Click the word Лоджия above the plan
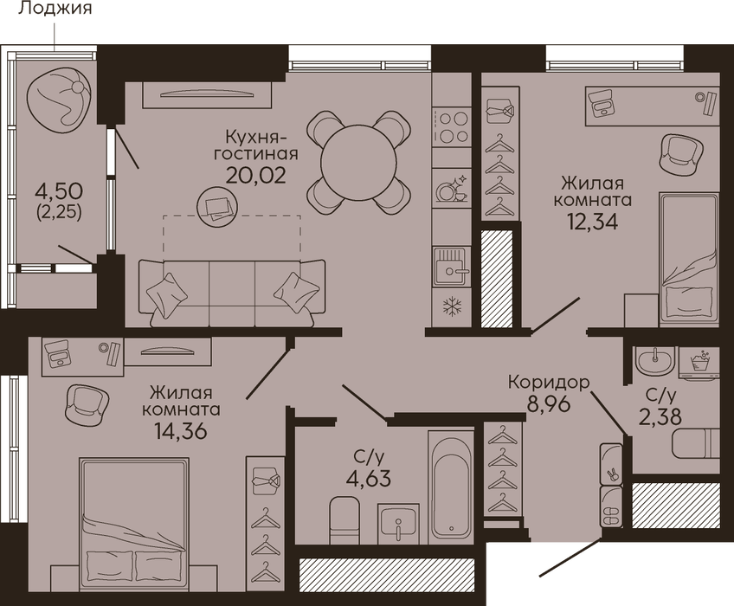click(x=55, y=9)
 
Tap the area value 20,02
click(x=255, y=175)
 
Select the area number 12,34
click(x=593, y=221)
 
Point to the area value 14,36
click(x=181, y=430)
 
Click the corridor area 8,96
click(x=549, y=403)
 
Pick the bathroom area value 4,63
click(x=369, y=479)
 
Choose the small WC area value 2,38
click(x=660, y=416)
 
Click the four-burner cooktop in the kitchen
click(x=451, y=126)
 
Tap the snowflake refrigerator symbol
click(x=452, y=307)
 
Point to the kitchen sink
click(x=451, y=267)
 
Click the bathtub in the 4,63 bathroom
click(x=451, y=488)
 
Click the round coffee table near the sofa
click(x=216, y=207)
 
